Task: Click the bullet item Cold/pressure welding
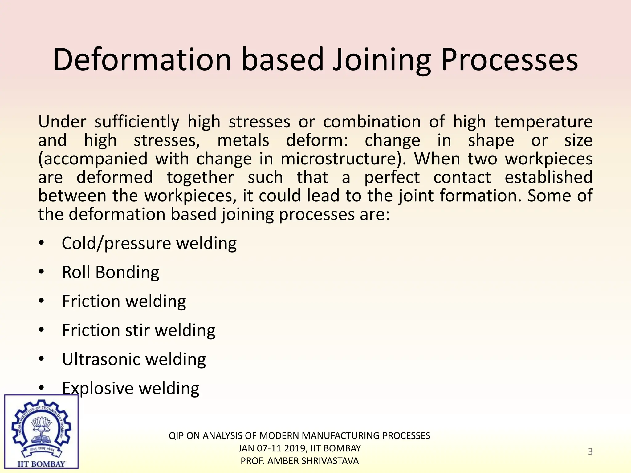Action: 149,243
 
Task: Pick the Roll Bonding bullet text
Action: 110,272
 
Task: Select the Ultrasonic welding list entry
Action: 134,359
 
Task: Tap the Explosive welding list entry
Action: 130,388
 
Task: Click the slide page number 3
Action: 590,451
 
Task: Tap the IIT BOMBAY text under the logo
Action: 41,464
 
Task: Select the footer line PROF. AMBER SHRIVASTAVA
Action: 299,461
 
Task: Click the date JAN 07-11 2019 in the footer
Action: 273,448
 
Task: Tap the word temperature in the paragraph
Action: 543,122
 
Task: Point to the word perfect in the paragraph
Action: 392,177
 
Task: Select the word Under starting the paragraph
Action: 62,122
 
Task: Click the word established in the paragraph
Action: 548,177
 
